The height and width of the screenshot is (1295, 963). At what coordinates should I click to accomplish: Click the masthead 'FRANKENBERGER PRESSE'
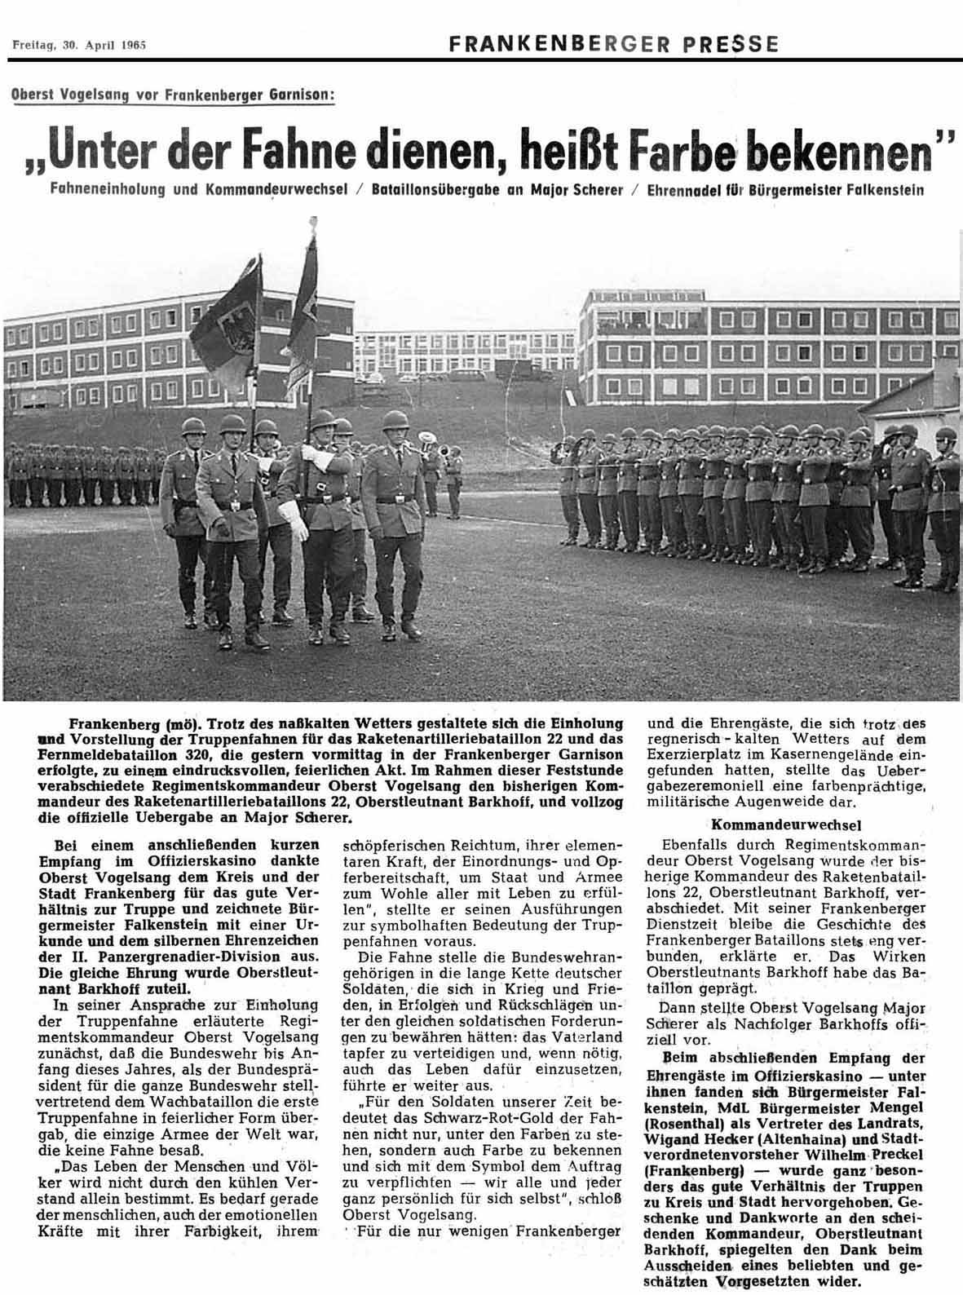[x=613, y=43]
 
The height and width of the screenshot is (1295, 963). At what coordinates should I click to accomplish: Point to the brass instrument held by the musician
[x=426, y=445]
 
